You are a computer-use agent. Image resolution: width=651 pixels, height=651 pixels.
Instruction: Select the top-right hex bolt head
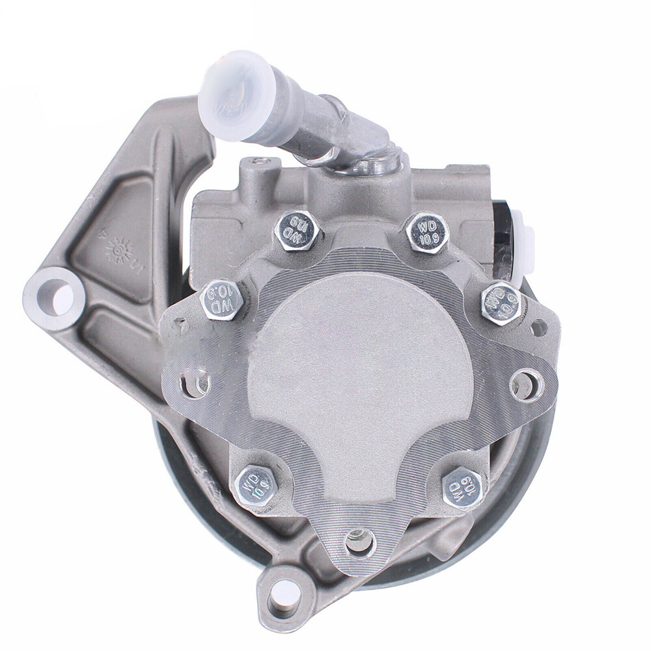click(427, 232)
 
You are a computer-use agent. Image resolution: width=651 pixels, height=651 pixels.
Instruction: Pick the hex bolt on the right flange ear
click(501, 303)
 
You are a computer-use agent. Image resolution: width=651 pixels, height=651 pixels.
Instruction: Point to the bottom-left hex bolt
click(255, 485)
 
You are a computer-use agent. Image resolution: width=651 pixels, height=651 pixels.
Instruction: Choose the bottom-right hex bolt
click(462, 487)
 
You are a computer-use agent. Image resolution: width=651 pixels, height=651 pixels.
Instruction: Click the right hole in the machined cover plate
click(525, 385)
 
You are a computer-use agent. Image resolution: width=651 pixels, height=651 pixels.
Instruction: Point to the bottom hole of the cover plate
click(360, 542)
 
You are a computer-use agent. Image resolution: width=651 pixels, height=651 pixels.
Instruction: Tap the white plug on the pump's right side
click(524, 244)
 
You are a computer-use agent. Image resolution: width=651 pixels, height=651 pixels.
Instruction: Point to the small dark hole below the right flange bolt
click(539, 328)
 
